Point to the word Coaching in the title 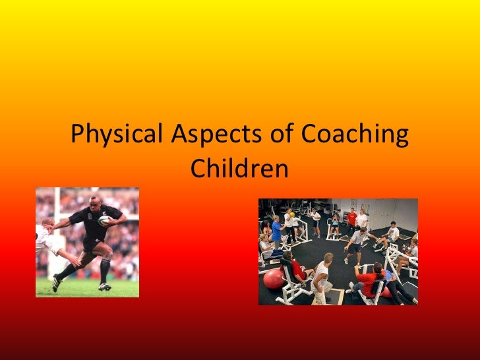click(x=354, y=136)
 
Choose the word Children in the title click(x=239, y=169)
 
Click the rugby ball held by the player click(x=104, y=221)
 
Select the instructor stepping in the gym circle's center click(x=355, y=245)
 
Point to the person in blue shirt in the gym click(x=276, y=230)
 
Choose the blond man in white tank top click(x=322, y=273)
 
